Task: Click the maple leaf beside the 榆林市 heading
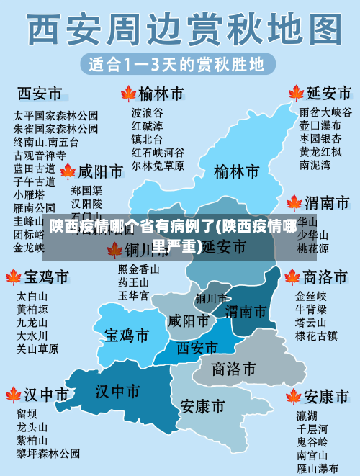tap(128, 93)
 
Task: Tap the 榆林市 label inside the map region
tap(236, 172)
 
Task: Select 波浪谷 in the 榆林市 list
tap(147, 112)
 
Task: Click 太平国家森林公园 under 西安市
tap(55, 115)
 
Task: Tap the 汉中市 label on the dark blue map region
tap(117, 391)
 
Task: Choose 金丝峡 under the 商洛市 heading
tap(311, 295)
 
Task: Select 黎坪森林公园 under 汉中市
tap(48, 454)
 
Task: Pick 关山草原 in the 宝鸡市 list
tap(37, 349)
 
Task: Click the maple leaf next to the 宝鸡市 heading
tap(13, 277)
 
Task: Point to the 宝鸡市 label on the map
tap(127, 336)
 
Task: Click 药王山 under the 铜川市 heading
tap(133, 282)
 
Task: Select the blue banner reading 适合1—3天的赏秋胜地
tap(176, 64)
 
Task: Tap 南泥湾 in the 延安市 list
tap(315, 165)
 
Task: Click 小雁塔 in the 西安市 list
tap(29, 194)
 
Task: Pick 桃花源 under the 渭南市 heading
tap(313, 248)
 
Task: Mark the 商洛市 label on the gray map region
tap(234, 369)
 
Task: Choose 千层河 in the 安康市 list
tap(312, 428)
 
